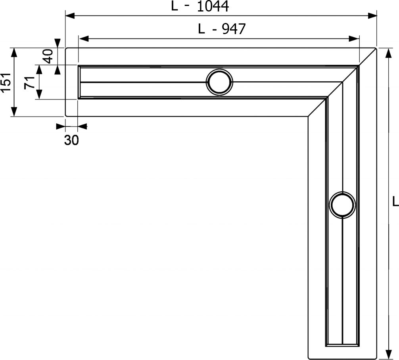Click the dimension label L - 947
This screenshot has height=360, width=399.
click(x=222, y=29)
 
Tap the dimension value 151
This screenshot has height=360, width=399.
click(x=6, y=82)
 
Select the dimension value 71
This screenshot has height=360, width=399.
click(x=29, y=82)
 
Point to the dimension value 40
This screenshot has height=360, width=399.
click(x=48, y=56)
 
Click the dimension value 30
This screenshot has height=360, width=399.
click(x=71, y=140)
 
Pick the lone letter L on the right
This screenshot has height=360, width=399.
click(x=395, y=201)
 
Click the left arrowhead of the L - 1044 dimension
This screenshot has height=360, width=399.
click(x=70, y=16)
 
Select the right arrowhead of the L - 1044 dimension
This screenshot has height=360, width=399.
click(x=372, y=16)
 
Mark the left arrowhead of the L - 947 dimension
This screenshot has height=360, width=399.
click(x=83, y=39)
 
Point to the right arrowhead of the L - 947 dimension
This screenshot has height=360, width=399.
click(x=354, y=39)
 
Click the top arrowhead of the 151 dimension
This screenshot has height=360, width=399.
click(x=14, y=52)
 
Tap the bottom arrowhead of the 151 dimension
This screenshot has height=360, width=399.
click(x=14, y=111)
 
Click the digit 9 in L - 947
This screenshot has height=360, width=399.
click(x=226, y=29)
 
